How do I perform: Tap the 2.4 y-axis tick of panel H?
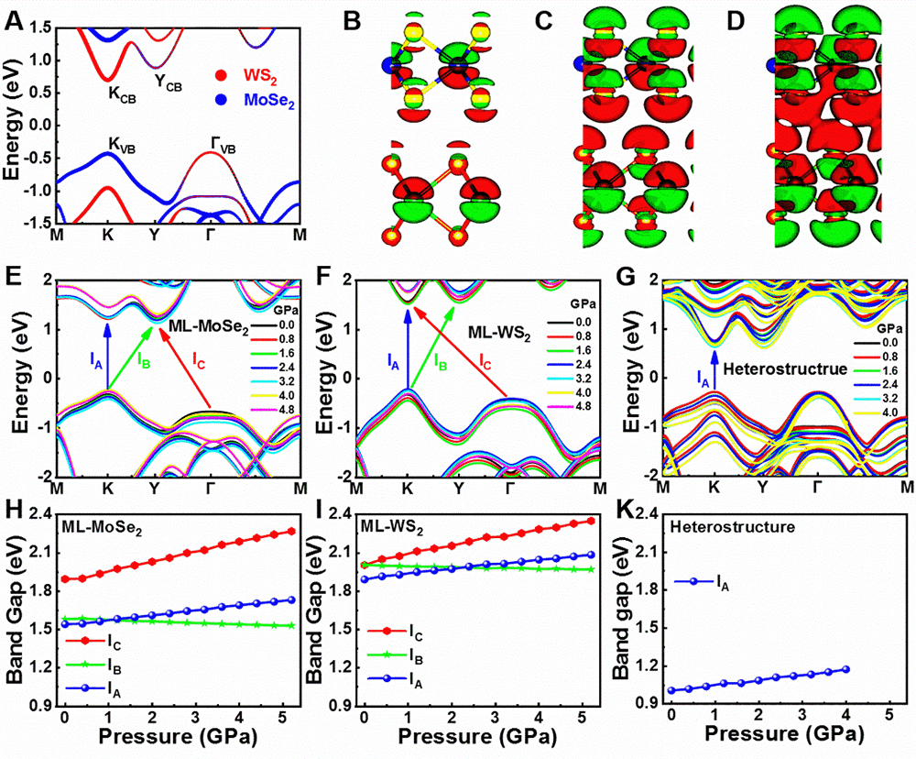[x=39, y=514]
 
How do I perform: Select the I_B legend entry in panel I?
[x=415, y=657]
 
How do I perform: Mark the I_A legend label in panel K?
[x=723, y=582]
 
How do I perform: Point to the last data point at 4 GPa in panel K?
[x=846, y=669]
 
